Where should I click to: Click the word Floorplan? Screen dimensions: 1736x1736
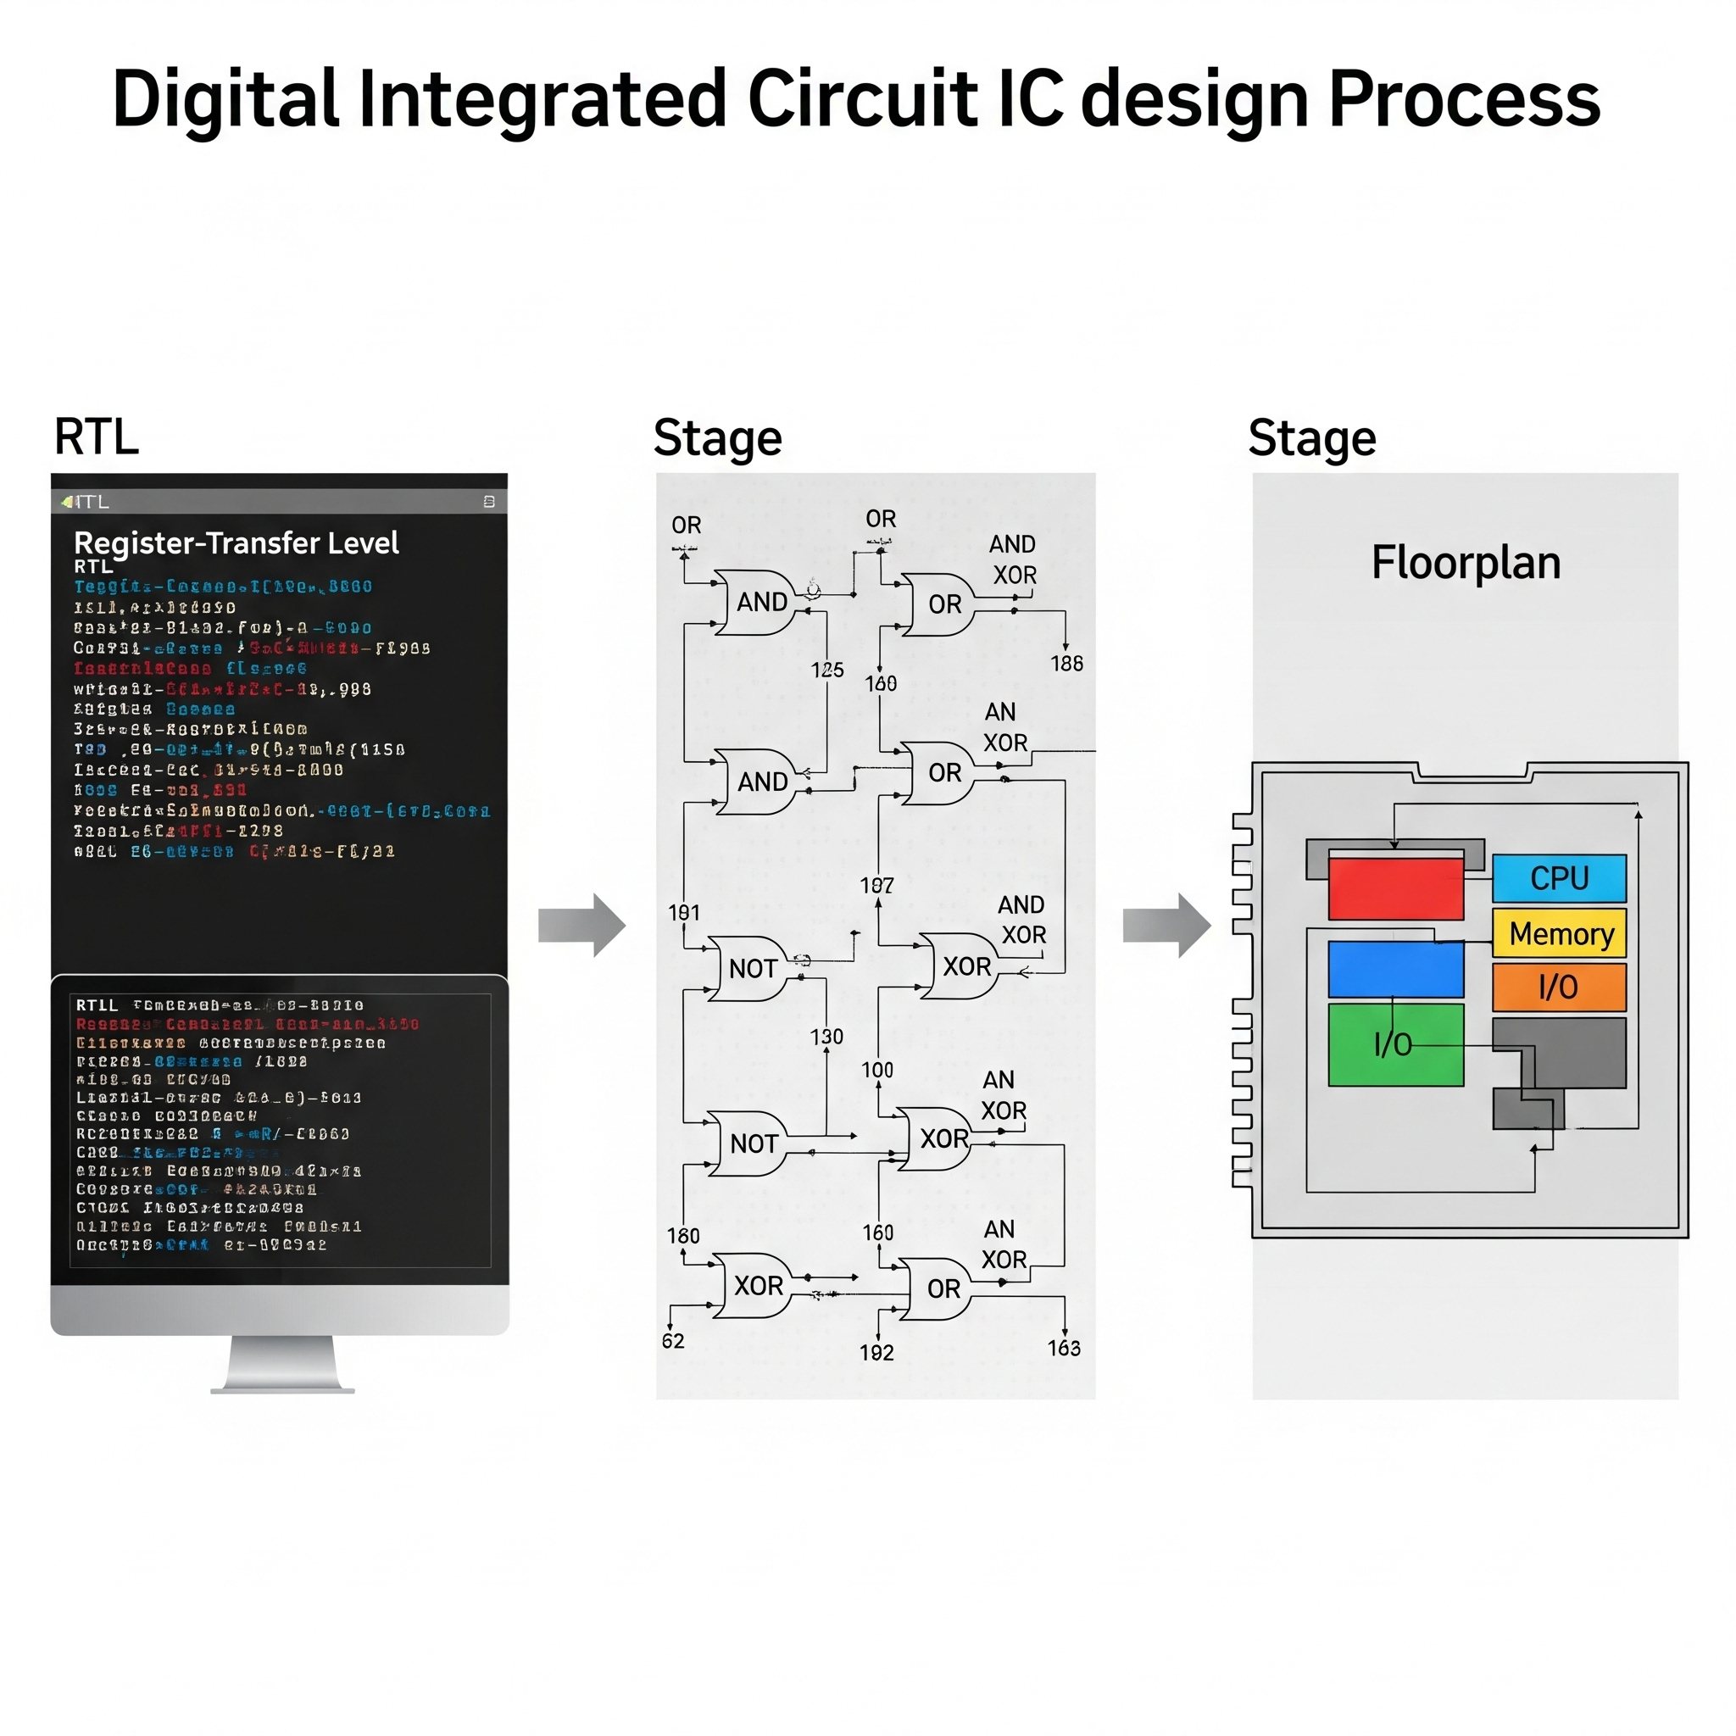click(x=1466, y=564)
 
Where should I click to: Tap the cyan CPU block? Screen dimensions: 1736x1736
click(x=1559, y=878)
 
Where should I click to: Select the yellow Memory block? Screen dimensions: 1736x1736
click(x=1559, y=933)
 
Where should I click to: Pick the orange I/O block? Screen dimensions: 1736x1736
click(x=1559, y=987)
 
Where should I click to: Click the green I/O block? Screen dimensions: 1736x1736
click(x=1394, y=1044)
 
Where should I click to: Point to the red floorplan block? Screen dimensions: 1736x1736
click(x=1394, y=888)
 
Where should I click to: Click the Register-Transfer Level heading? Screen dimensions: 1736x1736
click(x=236, y=542)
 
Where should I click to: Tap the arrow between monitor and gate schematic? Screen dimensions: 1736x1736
click(x=581, y=925)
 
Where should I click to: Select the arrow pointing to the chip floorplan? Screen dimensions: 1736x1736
click(x=1166, y=925)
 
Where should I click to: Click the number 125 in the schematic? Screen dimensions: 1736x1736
click(x=826, y=670)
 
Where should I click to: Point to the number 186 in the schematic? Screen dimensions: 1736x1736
click(x=1066, y=663)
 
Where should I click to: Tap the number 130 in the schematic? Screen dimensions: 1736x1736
click(x=826, y=1037)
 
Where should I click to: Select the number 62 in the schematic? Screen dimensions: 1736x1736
click(x=673, y=1342)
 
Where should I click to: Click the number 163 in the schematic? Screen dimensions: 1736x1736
click(x=1064, y=1348)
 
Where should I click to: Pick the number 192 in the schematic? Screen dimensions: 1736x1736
click(x=876, y=1352)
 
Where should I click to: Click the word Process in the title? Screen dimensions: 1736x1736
click(x=1464, y=99)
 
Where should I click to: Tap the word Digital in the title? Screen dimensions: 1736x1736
click(x=225, y=99)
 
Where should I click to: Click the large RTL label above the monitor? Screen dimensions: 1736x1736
click(x=96, y=437)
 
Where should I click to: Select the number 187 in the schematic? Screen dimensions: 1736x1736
click(x=877, y=886)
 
